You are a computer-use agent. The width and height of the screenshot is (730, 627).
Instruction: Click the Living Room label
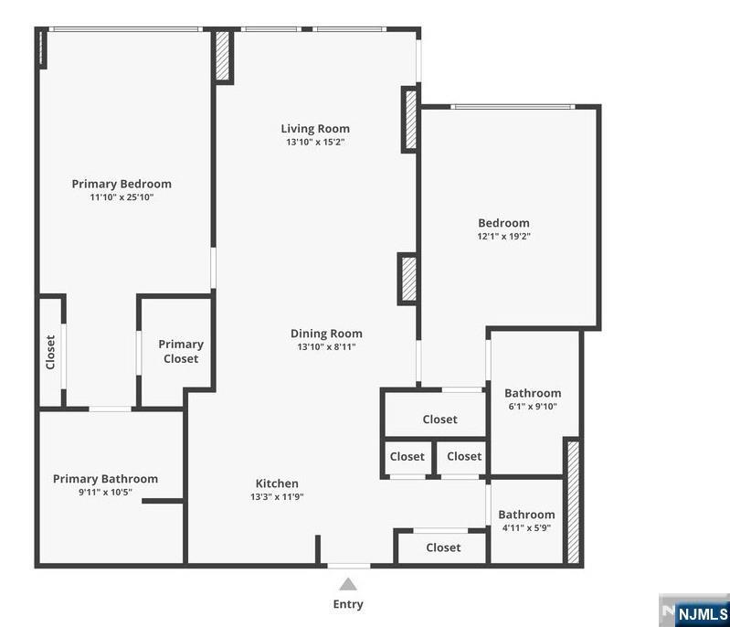(315, 129)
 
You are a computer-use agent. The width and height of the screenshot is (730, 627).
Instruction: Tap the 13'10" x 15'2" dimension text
(315, 142)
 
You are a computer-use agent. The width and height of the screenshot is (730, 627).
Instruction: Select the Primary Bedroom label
(122, 184)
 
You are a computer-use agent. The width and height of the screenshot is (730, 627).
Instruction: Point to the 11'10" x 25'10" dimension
(122, 197)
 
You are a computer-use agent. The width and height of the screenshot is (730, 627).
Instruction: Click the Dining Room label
(326, 334)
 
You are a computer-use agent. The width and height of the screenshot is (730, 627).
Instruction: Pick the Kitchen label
(277, 484)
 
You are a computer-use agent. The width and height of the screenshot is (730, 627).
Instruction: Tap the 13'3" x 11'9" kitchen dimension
(277, 496)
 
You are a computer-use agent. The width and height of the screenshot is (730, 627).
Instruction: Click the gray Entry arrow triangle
(348, 584)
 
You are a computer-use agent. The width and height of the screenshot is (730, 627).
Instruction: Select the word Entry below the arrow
(348, 604)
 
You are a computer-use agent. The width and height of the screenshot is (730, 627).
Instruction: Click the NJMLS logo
(694, 611)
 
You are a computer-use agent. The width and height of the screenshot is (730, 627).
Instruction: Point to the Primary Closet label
(181, 351)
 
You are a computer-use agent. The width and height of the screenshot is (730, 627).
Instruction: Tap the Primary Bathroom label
(105, 479)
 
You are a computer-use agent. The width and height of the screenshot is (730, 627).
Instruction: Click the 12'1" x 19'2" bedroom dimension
(503, 236)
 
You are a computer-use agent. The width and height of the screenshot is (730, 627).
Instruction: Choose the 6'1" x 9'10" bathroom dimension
(533, 406)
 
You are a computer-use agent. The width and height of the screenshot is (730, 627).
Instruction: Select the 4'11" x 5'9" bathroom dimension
(526, 527)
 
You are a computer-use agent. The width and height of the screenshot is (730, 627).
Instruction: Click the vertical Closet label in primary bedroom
(50, 352)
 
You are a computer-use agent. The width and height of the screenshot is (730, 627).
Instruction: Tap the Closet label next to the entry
(443, 547)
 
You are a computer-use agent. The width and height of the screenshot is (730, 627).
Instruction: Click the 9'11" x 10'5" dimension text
(105, 492)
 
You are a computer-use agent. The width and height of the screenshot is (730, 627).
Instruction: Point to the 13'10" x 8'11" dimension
(326, 346)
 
